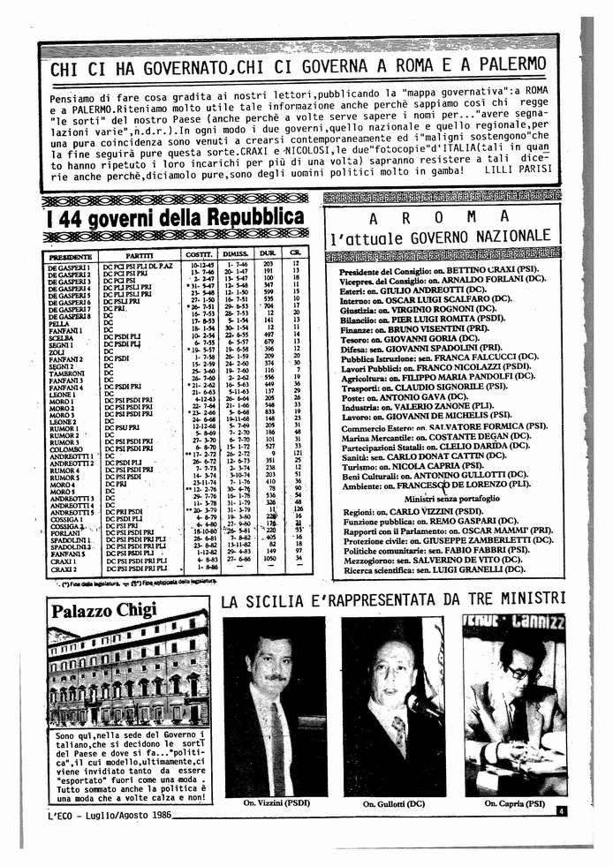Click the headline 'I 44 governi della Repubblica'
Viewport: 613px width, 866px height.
click(x=176, y=217)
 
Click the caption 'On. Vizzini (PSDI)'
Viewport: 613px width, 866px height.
click(x=272, y=804)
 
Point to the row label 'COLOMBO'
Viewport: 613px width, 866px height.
click(x=64, y=448)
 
